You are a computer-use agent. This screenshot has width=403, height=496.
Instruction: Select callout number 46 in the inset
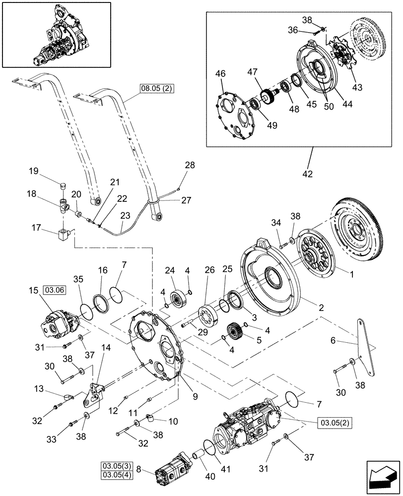(x=221, y=74)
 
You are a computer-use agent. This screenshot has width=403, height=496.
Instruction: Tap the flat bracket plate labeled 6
(x=368, y=347)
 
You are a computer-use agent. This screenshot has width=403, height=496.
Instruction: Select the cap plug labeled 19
(x=62, y=187)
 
